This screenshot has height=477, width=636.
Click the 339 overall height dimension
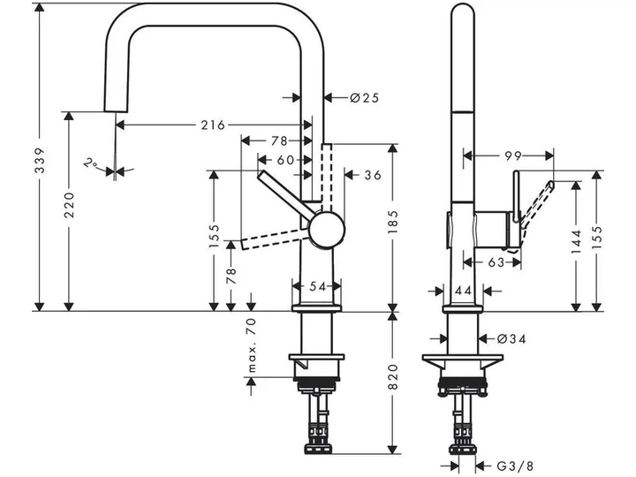point(40,161)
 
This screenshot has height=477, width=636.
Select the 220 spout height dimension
point(70,205)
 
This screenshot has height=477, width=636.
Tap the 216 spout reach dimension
point(213,125)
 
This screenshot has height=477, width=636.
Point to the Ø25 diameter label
point(364,98)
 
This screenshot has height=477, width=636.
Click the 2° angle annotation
point(90,163)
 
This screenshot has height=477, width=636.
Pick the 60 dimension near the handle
point(285,160)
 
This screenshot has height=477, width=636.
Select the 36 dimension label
point(373,175)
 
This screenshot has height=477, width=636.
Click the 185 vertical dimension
point(392,222)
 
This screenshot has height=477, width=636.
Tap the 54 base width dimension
point(318,286)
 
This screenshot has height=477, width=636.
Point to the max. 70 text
point(252,345)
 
